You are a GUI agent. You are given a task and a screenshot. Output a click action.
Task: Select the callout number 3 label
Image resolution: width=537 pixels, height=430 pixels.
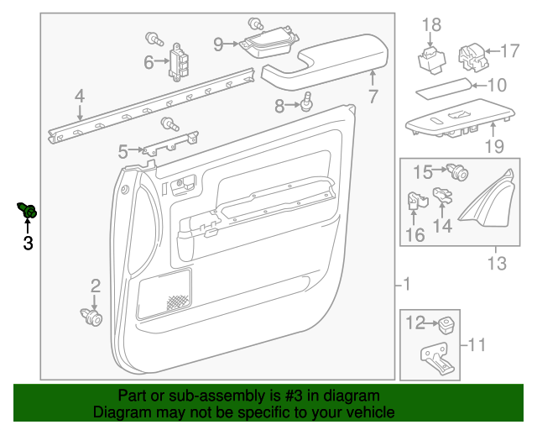tap(28, 244)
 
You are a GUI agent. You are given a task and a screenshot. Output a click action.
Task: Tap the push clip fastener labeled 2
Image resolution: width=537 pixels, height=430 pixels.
tap(92, 317)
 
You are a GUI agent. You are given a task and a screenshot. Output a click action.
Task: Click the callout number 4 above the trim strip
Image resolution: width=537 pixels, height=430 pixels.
tap(80, 97)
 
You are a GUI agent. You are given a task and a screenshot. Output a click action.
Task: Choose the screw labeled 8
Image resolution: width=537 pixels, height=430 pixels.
tap(307, 102)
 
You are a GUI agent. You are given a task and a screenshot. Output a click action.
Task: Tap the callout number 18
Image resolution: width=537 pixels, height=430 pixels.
tap(430, 25)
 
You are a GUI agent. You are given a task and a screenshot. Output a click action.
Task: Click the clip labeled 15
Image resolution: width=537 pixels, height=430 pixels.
tap(457, 174)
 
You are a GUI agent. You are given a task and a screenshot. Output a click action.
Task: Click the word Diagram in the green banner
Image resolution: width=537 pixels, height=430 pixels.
tap(120, 412)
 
